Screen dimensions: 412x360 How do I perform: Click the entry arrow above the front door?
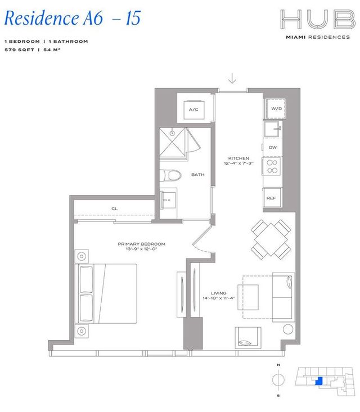[x=232, y=79]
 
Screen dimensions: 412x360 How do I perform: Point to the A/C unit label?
[x=195, y=109]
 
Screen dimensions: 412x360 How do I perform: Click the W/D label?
[x=276, y=108]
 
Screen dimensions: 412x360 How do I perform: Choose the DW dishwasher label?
[x=273, y=147]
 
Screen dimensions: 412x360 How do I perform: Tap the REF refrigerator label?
[x=271, y=198]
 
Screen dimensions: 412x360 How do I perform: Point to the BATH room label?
[x=197, y=175]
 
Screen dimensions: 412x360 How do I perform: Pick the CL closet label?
[x=115, y=209]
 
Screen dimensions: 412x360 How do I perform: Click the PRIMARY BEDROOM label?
[x=141, y=244]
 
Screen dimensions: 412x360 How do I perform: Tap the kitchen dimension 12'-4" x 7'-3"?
[x=238, y=164]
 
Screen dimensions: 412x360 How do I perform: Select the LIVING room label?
[x=218, y=293]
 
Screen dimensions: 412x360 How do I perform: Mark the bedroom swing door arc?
[x=200, y=244]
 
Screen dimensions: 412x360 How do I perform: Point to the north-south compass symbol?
[x=277, y=381]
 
